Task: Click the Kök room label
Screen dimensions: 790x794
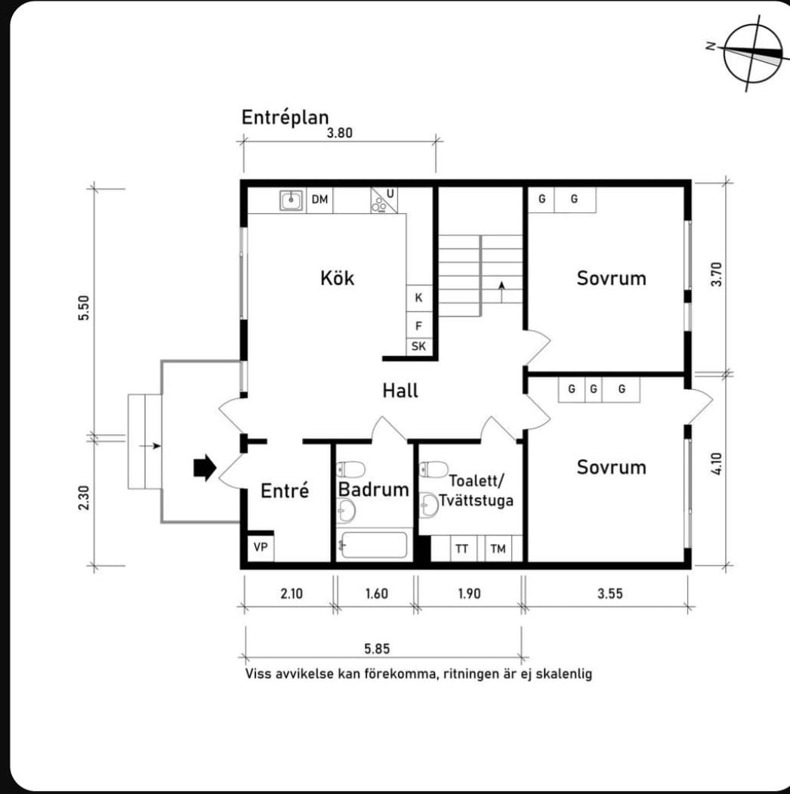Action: tap(337, 278)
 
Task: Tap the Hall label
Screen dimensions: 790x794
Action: tap(400, 391)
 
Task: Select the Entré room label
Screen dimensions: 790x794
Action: tap(285, 490)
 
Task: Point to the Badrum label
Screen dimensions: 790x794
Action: tap(374, 489)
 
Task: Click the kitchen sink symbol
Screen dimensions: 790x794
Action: tap(292, 200)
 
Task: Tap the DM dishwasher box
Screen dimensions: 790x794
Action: tap(319, 199)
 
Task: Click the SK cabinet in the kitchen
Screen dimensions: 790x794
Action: tap(418, 346)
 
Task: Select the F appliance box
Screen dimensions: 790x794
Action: tap(418, 325)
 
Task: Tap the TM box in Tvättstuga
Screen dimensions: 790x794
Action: tap(498, 548)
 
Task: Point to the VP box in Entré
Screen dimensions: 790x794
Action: tap(261, 547)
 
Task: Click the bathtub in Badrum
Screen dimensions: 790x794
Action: tap(374, 545)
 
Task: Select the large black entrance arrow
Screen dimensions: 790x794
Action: tap(205, 468)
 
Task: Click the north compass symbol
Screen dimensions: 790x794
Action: tap(752, 54)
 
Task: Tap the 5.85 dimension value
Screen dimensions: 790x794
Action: tap(377, 649)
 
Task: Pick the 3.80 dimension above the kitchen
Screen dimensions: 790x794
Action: tap(340, 133)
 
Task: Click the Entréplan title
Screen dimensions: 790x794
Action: tap(285, 118)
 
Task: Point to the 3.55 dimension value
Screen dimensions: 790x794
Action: tap(609, 594)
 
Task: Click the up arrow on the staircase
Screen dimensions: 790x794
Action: tap(501, 292)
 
